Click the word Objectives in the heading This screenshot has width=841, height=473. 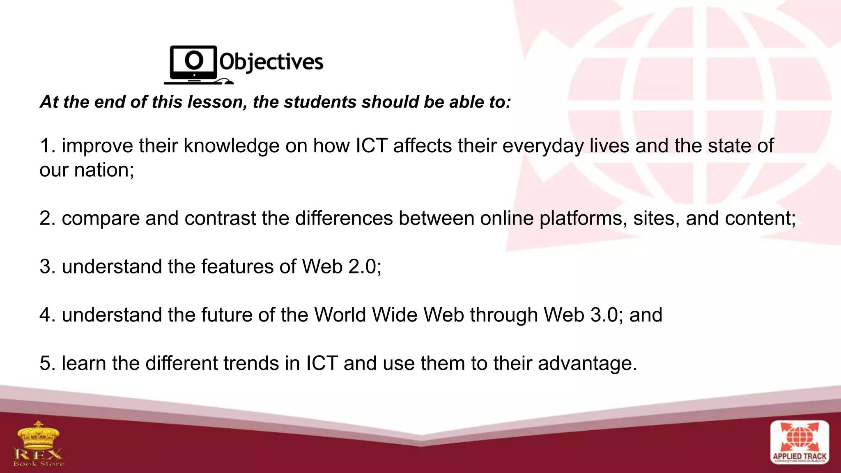point(271,62)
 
